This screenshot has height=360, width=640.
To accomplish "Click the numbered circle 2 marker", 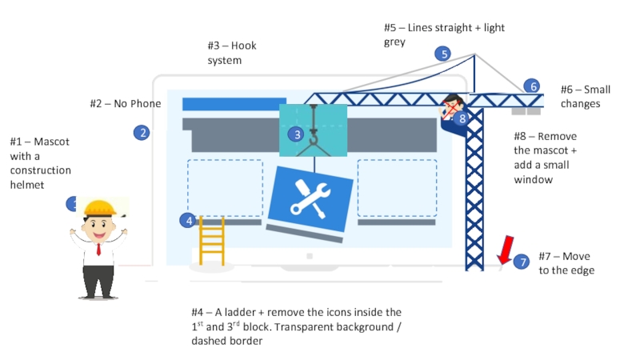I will click(x=142, y=133).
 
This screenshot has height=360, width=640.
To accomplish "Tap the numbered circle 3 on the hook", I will click(x=297, y=134).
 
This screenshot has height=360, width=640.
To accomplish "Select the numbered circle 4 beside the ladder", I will click(x=187, y=220).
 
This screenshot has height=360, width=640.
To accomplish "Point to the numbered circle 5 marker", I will click(x=442, y=54).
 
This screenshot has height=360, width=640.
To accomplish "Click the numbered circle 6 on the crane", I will click(x=532, y=86).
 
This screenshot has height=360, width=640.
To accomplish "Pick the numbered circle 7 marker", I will click(x=521, y=262).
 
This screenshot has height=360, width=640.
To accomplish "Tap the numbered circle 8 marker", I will click(x=462, y=118).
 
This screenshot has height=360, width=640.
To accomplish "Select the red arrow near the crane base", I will click(x=505, y=250).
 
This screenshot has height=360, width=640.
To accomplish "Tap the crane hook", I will click(x=313, y=141).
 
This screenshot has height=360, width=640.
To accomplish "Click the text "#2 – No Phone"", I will click(x=125, y=103).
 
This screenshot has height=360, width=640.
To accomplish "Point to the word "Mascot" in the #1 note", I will click(x=52, y=142).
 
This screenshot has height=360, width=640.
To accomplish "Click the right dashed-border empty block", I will click(x=397, y=188).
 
